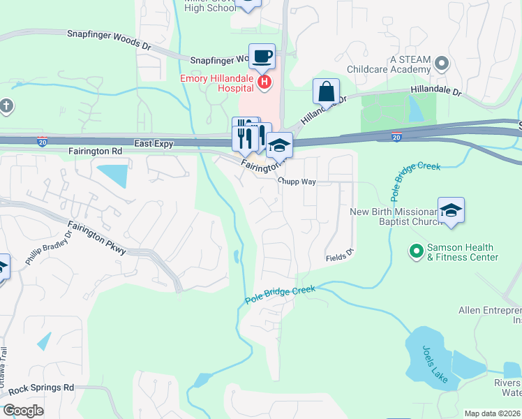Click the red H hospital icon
coord(264,83)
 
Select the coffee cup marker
coord(262,57)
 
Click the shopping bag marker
coord(326,91)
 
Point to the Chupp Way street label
coord(297,182)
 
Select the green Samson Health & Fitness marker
coord(417,249)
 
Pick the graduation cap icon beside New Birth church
coord(452,210)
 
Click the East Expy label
coord(154,143)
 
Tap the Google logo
coord(23,411)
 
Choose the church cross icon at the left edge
coord(6,106)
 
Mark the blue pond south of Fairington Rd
coord(112,175)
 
